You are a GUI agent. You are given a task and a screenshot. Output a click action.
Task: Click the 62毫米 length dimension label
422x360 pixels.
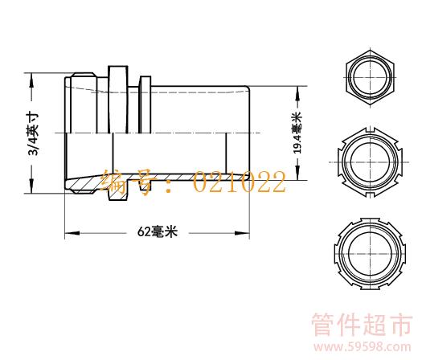(x=158, y=231)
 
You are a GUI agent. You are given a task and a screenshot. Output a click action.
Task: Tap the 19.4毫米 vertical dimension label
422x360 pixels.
(x=297, y=133)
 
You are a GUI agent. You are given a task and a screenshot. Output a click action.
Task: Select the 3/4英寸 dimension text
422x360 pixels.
(x=33, y=134)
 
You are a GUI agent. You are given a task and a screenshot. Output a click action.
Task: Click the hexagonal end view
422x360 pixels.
(x=370, y=78)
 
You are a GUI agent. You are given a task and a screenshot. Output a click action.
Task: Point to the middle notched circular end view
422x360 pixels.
(x=370, y=162)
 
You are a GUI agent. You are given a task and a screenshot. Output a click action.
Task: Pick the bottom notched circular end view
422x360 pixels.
(x=371, y=253)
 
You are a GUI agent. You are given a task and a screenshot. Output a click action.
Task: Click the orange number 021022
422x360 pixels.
(x=240, y=182)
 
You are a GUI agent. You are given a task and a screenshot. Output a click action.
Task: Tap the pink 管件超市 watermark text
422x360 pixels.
(x=362, y=324)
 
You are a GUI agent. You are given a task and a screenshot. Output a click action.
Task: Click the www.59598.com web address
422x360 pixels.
(x=362, y=347)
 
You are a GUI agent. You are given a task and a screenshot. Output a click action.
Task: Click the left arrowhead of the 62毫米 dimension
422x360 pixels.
(x=72, y=233)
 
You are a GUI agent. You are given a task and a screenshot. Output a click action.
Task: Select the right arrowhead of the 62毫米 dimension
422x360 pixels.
(x=242, y=233)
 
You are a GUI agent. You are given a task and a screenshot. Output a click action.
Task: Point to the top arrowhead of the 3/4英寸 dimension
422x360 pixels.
(x=32, y=80)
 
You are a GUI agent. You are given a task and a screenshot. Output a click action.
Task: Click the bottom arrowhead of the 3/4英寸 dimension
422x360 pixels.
(x=32, y=186)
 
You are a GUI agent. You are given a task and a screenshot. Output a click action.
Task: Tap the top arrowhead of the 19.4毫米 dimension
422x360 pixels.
(x=297, y=93)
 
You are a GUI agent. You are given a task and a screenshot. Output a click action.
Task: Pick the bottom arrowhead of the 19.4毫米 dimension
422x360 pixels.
(x=297, y=173)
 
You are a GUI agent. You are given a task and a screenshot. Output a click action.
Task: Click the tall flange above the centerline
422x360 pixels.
(x=118, y=100)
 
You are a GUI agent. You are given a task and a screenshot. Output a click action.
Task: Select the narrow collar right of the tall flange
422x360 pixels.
(x=145, y=105)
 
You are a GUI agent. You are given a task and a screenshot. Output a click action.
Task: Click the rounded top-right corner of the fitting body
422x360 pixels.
(x=248, y=88)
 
